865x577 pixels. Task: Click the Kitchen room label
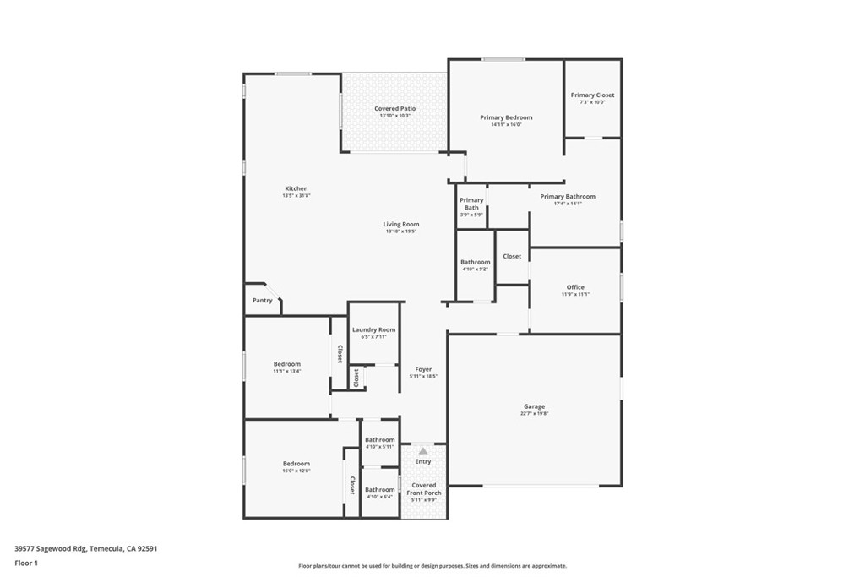pyautogui.click(x=296, y=188)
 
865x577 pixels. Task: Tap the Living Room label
pyautogui.click(x=400, y=224)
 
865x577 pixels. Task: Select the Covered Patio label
pyautogui.click(x=394, y=108)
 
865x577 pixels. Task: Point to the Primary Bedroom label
pyautogui.click(x=506, y=117)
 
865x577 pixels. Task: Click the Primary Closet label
pyautogui.click(x=592, y=95)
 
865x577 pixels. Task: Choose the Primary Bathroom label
pyautogui.click(x=568, y=196)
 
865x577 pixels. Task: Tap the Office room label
pyautogui.click(x=575, y=287)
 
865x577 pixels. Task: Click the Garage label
pyautogui.click(x=534, y=406)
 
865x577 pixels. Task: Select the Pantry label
pyautogui.click(x=262, y=300)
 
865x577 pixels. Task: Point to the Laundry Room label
pyautogui.click(x=373, y=329)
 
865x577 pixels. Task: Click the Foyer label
pyautogui.click(x=423, y=369)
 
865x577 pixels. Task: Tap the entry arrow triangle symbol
pyautogui.click(x=423, y=451)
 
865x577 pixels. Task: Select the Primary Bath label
pyautogui.click(x=471, y=204)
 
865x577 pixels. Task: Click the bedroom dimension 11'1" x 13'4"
pyautogui.click(x=286, y=371)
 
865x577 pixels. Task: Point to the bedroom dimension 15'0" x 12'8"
pyautogui.click(x=296, y=471)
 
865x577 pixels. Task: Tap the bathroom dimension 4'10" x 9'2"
pyautogui.click(x=475, y=269)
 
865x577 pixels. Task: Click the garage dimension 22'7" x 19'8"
pyautogui.click(x=534, y=414)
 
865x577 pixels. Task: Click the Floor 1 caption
pyautogui.click(x=26, y=563)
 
